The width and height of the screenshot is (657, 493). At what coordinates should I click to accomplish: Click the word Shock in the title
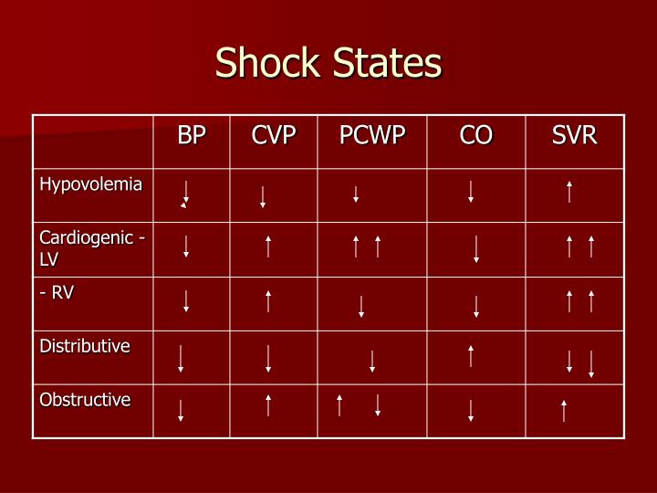pyautogui.click(x=269, y=64)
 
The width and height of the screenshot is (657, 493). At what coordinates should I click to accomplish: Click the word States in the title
pyautogui.click(x=390, y=64)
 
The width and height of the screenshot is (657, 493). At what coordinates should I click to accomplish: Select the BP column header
pyautogui.click(x=192, y=136)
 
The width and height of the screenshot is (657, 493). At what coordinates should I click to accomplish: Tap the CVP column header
pyautogui.click(x=274, y=136)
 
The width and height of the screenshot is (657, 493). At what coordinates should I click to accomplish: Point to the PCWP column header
pyautogui.click(x=372, y=136)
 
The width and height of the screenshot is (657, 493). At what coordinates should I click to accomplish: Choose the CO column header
pyautogui.click(x=475, y=136)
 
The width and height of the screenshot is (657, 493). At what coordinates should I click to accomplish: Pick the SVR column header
pyautogui.click(x=575, y=136)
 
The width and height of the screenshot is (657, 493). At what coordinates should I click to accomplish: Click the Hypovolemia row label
pyautogui.click(x=90, y=184)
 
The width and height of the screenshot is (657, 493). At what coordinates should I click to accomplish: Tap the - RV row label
pyautogui.click(x=57, y=292)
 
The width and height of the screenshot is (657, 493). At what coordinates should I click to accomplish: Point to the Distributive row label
pyautogui.click(x=84, y=346)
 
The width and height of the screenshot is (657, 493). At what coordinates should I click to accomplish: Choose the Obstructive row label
pyautogui.click(x=85, y=400)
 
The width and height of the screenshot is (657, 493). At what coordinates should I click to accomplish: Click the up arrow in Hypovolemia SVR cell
pyautogui.click(x=569, y=192)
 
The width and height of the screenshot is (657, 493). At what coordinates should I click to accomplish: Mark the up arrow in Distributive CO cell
pyautogui.click(x=471, y=356)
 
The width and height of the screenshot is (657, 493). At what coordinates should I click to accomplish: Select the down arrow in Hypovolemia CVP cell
pyautogui.click(x=263, y=196)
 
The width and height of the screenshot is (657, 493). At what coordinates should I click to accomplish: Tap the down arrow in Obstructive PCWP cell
pyautogui.click(x=377, y=405)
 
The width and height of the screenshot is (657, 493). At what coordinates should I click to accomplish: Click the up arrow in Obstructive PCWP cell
pyautogui.click(x=339, y=405)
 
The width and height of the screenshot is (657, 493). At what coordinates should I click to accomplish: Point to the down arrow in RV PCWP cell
pyautogui.click(x=361, y=306)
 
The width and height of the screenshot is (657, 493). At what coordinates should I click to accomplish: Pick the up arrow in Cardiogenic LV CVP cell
pyautogui.click(x=268, y=246)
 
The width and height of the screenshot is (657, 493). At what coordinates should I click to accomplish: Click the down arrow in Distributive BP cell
pyautogui.click(x=181, y=359)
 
